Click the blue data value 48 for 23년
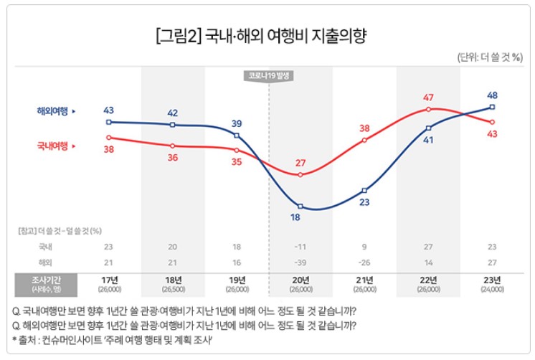492,95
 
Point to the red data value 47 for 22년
429,98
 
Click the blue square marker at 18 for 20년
301,207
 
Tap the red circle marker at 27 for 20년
301,175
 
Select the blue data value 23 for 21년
364,203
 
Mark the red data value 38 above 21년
364,128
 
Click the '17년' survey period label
109,280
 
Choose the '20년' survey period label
301,280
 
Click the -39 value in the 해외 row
301,262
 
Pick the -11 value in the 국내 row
301,246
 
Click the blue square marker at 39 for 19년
237,136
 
